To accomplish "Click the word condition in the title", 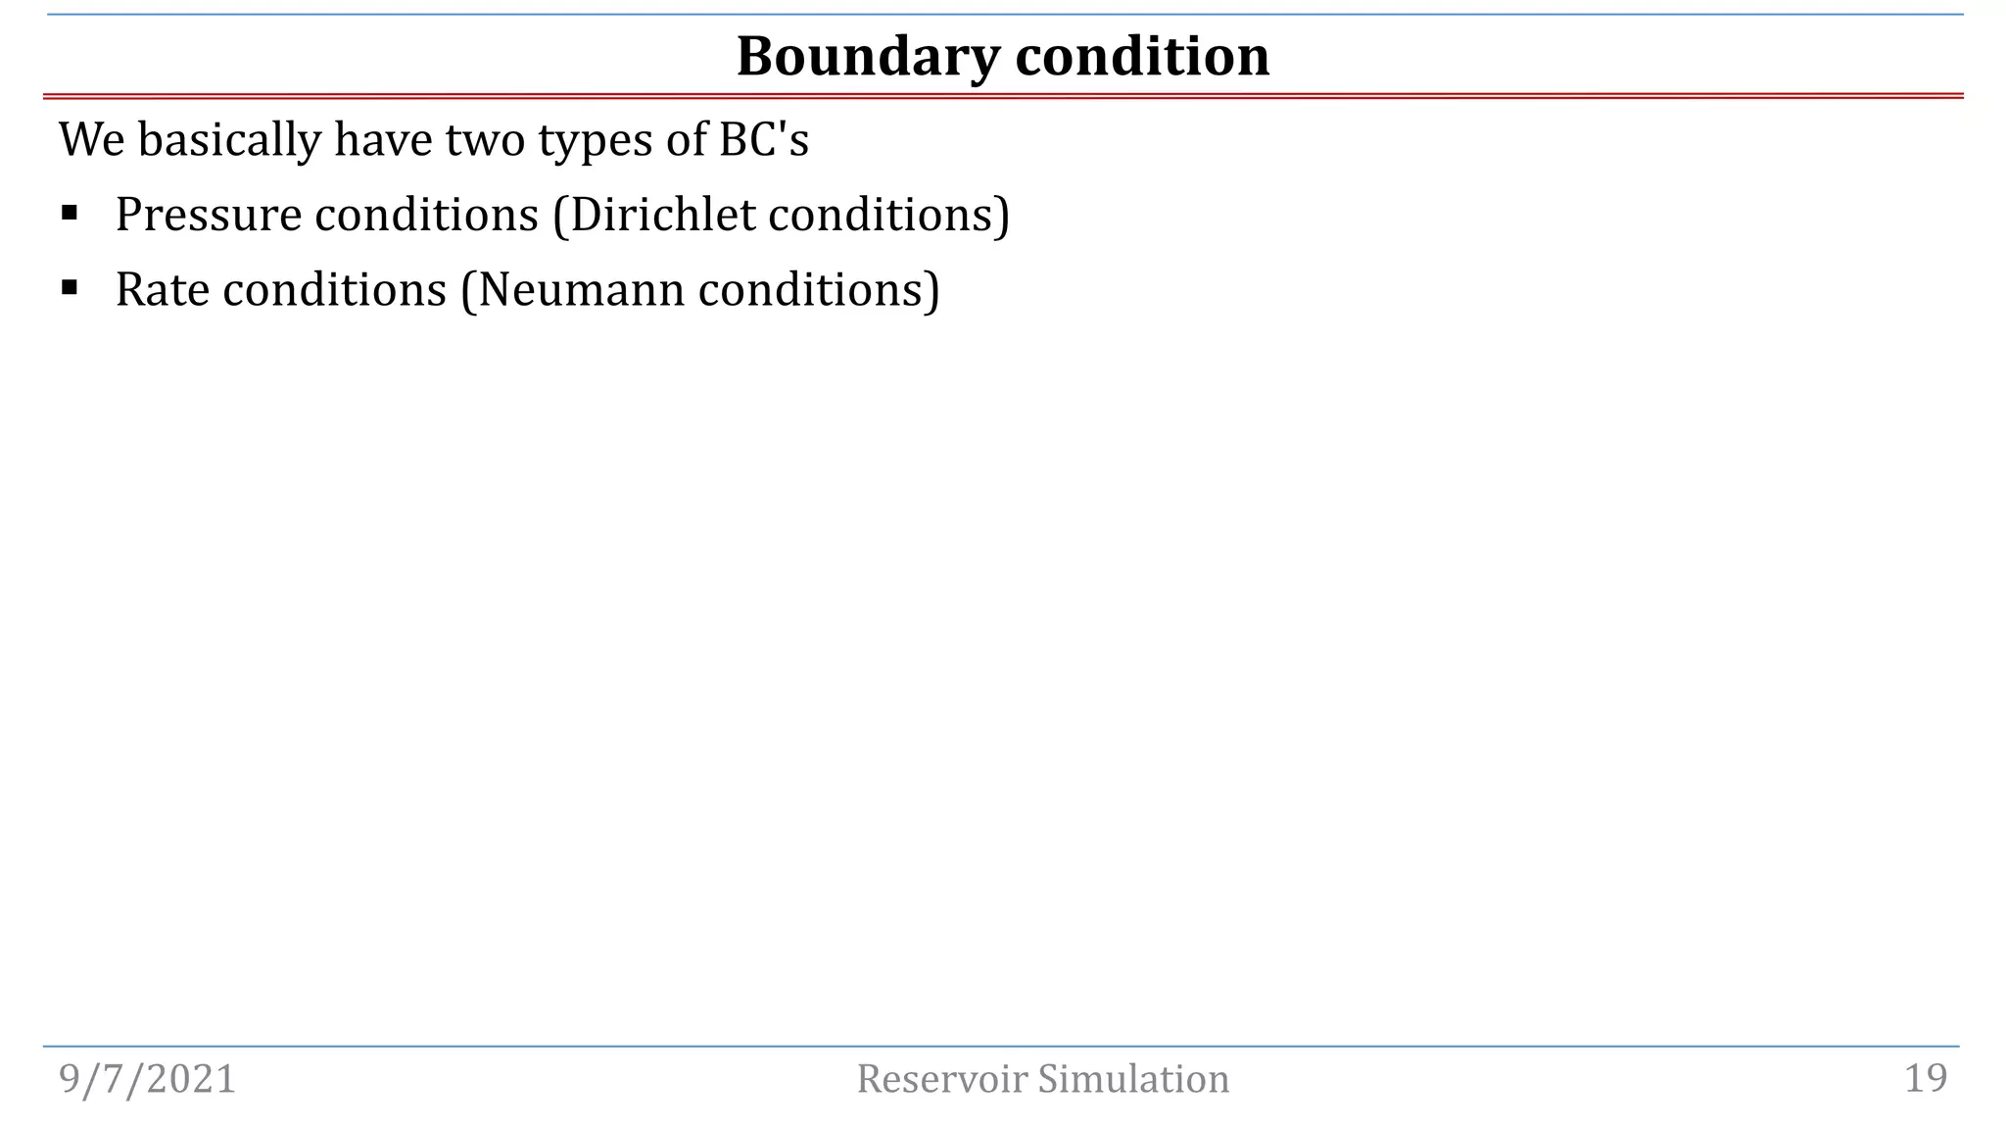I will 1142,57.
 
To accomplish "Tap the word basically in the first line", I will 229,139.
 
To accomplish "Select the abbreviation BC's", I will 764,139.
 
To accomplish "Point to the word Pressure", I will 209,215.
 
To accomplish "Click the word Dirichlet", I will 662,215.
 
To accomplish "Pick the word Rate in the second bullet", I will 163,290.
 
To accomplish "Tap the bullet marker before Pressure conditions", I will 69,212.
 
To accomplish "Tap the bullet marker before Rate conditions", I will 69,287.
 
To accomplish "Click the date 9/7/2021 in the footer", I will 148,1079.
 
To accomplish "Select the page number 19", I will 1926,1079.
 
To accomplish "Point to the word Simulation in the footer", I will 1133,1079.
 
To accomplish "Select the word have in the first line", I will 383,139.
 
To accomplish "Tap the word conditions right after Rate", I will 335,290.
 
